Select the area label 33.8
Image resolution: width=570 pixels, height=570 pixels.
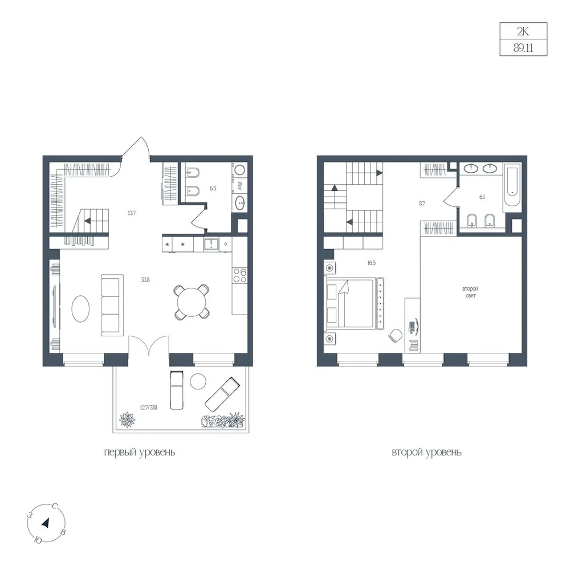click(145, 280)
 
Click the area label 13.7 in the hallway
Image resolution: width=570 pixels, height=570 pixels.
click(132, 213)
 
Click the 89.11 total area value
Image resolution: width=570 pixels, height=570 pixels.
click(523, 48)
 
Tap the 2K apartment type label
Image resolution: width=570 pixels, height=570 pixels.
click(523, 31)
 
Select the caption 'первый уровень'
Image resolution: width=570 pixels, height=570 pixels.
click(140, 453)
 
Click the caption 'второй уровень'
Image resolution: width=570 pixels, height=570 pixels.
click(426, 453)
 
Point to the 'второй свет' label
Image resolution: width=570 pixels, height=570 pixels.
click(470, 292)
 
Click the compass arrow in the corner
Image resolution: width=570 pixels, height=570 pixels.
click(46, 523)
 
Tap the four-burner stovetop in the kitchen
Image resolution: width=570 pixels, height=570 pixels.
click(239, 275)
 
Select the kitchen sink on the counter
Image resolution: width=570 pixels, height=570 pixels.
click(210, 244)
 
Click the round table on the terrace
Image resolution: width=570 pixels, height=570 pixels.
click(198, 382)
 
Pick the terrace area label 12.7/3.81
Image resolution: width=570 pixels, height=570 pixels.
click(148, 408)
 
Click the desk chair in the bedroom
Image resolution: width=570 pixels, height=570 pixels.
click(395, 335)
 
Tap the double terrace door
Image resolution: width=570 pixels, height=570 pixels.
click(149, 345)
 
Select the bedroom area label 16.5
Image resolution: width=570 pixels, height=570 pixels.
click(371, 263)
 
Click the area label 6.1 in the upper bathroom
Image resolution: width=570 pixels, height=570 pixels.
click(482, 197)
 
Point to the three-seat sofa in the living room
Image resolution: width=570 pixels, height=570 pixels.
click(112, 305)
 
